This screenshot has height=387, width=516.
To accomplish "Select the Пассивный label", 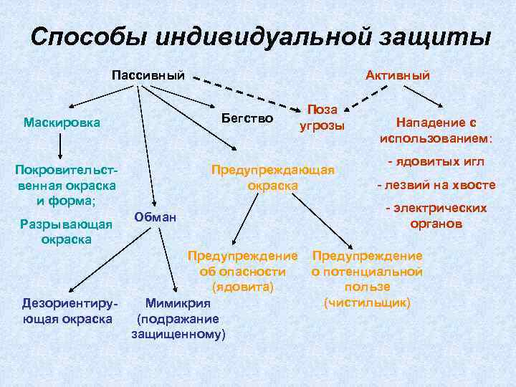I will pyautogui.click(x=148, y=75).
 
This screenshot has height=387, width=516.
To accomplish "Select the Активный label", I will pyautogui.click(x=397, y=75).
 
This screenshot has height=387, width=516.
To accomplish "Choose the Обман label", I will pyautogui.click(x=155, y=216).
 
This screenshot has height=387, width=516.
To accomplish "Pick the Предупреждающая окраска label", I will pyautogui.click(x=272, y=178).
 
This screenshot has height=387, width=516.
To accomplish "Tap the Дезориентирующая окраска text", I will pyautogui.click(x=67, y=309).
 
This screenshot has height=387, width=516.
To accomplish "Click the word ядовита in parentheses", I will pyautogui.click(x=243, y=286).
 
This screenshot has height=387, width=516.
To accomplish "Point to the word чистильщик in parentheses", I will pyautogui.click(x=367, y=302).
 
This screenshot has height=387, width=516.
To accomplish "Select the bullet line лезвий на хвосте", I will pyautogui.click(x=436, y=184).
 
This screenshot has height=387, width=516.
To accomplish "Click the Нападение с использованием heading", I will pyautogui.click(x=436, y=130).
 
